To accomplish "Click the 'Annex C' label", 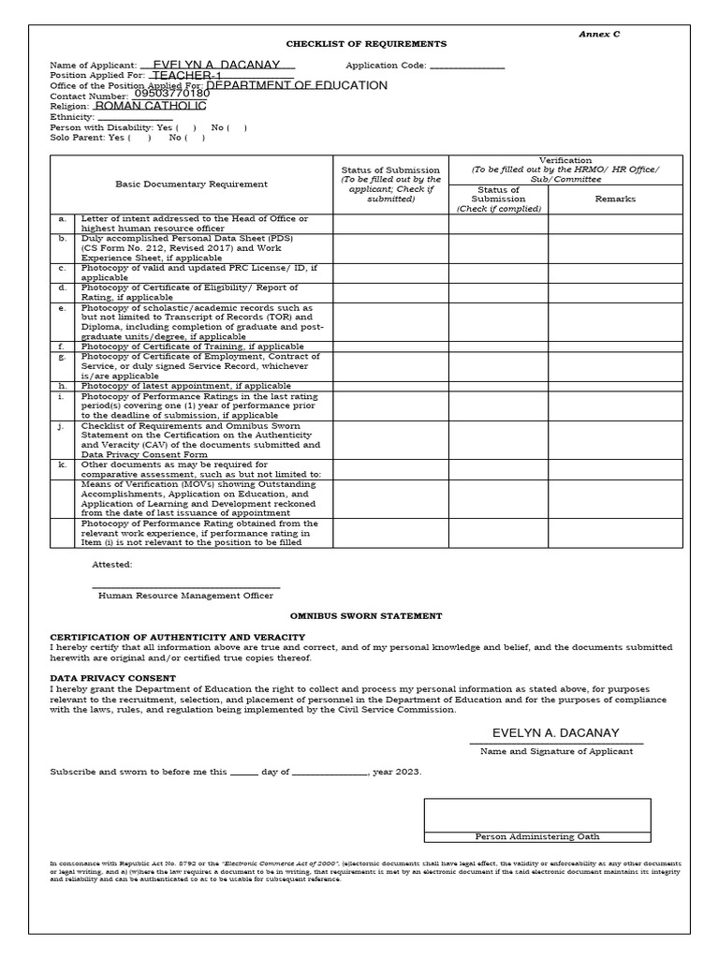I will pyautogui.click(x=599, y=34).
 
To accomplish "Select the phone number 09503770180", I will pyautogui.click(x=172, y=95).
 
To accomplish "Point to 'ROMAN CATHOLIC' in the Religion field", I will pyautogui.click(x=151, y=106).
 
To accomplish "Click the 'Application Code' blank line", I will pyautogui.click(x=466, y=66).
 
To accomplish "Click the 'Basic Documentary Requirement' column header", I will pyautogui.click(x=191, y=184).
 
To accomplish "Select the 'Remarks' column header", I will pyautogui.click(x=615, y=199).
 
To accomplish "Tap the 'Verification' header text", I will pyautogui.click(x=565, y=161).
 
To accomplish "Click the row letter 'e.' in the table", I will pyautogui.click(x=62, y=307).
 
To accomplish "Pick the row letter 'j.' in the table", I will pyautogui.click(x=62, y=425).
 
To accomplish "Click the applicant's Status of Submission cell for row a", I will pyautogui.click(x=390, y=224).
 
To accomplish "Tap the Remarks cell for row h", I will pyautogui.click(x=615, y=386).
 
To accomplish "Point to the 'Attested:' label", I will pyautogui.click(x=112, y=565).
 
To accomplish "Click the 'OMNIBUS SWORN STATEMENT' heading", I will pyautogui.click(x=365, y=616).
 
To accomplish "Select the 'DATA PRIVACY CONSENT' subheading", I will pyautogui.click(x=112, y=677).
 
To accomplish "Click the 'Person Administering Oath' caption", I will pyautogui.click(x=537, y=836).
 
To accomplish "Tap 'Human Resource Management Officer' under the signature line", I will pyautogui.click(x=185, y=595).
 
